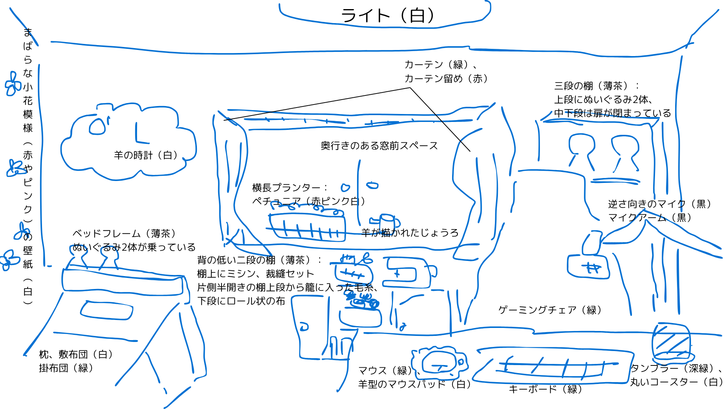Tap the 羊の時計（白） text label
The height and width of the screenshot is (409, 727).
(x=145, y=155)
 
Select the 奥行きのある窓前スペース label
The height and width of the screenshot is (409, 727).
(x=379, y=146)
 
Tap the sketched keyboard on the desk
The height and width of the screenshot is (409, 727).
(x=553, y=366)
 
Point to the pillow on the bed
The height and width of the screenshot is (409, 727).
(x=107, y=310)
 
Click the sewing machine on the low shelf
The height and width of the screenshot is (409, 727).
(x=407, y=273)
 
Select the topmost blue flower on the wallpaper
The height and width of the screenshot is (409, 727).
(x=13, y=84)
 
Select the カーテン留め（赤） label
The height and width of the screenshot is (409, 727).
(x=446, y=79)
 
